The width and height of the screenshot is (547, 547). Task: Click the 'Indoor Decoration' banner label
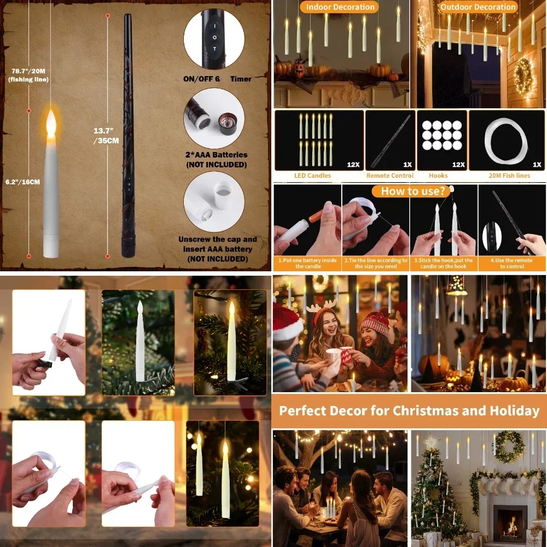[x=340, y=7]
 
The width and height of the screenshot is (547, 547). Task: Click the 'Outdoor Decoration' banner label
[x=478, y=7]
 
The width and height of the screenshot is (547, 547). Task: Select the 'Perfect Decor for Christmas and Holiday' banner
[x=409, y=411]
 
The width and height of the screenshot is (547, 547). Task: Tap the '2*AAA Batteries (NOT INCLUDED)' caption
[x=217, y=159]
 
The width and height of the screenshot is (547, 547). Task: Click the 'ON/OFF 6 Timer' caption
[x=217, y=79]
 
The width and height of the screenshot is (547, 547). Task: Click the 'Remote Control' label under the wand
[x=390, y=176]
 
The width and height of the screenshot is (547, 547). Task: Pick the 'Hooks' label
[x=438, y=176]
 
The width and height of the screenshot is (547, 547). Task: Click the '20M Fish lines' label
[x=509, y=176]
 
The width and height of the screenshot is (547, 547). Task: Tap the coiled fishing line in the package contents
[x=508, y=141]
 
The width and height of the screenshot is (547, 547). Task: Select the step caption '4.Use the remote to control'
[x=512, y=263]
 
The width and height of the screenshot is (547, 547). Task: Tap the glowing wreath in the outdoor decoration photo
[x=523, y=77]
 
